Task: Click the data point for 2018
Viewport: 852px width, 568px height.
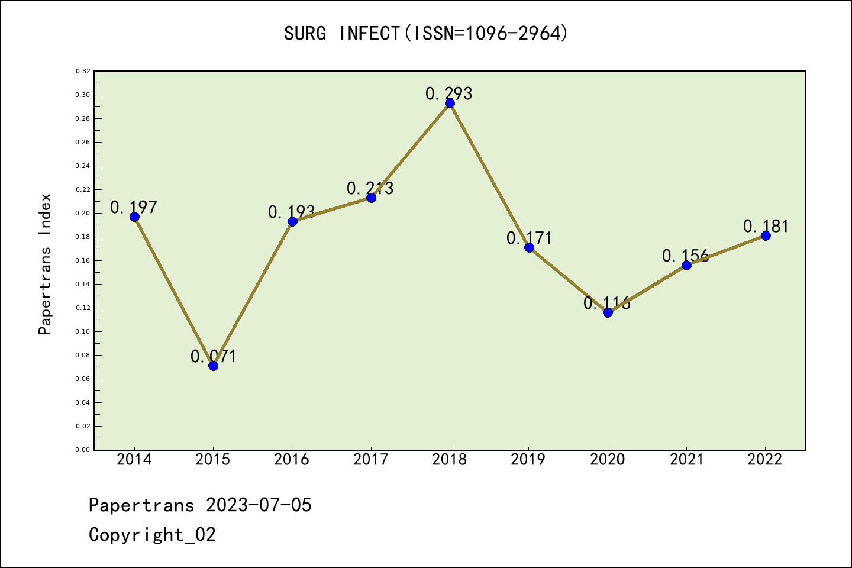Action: click(x=450, y=104)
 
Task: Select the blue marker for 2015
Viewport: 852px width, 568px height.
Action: click(x=213, y=366)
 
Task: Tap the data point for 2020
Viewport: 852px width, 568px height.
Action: click(x=608, y=312)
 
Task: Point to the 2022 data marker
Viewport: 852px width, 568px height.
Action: click(x=766, y=235)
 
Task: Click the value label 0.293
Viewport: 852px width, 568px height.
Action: click(x=449, y=93)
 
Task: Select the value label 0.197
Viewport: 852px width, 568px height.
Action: click(x=134, y=207)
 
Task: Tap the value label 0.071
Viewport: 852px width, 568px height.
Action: click(x=213, y=356)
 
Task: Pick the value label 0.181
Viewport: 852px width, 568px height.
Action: click(x=766, y=226)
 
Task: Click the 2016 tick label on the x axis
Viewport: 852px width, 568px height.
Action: click(x=292, y=460)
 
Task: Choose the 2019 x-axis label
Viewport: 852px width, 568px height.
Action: click(x=528, y=460)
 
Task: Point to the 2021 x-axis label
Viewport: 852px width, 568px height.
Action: click(x=686, y=460)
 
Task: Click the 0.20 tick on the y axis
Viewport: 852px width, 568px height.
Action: click(x=83, y=213)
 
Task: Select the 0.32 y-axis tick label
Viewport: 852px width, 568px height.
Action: click(x=83, y=71)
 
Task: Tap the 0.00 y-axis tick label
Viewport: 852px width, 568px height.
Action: click(x=83, y=450)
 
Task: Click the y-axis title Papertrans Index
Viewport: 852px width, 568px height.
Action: click(x=45, y=264)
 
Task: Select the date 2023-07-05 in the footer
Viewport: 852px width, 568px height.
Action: click(x=259, y=505)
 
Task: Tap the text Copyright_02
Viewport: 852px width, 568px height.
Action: click(x=152, y=535)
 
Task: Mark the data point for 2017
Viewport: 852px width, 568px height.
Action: click(x=371, y=198)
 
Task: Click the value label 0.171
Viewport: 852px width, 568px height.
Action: click(x=529, y=238)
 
